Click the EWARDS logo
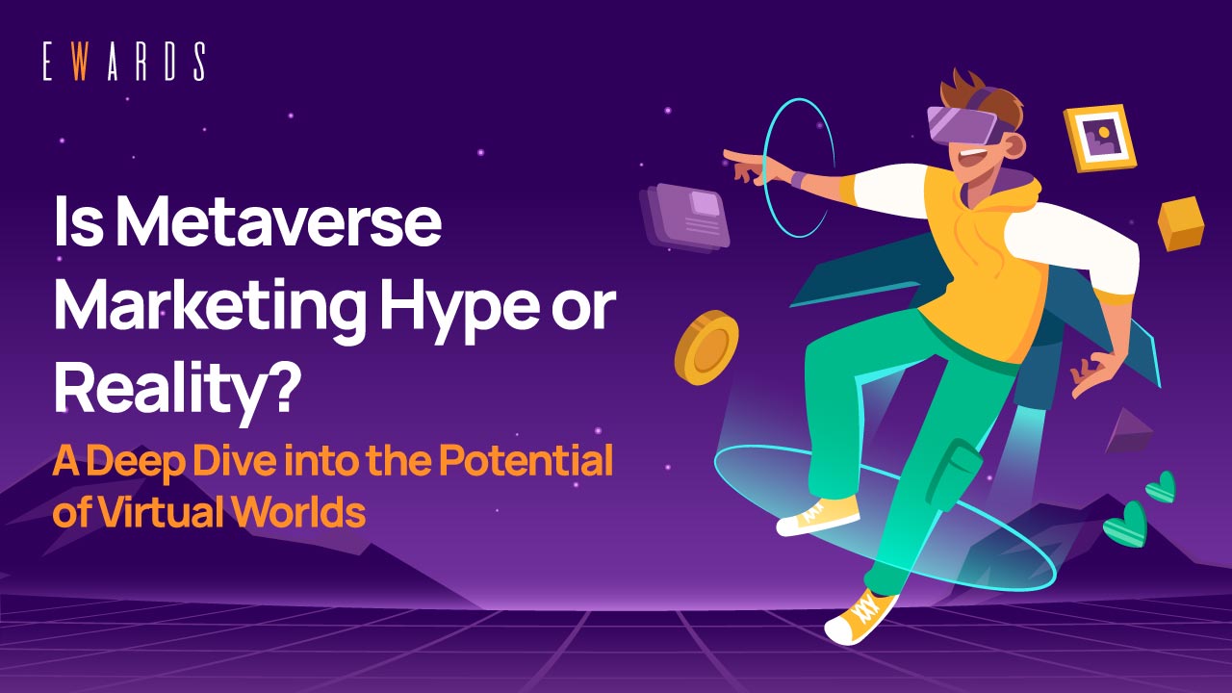pyautogui.click(x=123, y=63)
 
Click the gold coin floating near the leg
pyautogui.click(x=706, y=347)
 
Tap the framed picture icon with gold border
pyautogui.click(x=1100, y=138)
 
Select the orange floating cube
pyautogui.click(x=1181, y=222)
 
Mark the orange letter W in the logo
pyautogui.click(x=85, y=63)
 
